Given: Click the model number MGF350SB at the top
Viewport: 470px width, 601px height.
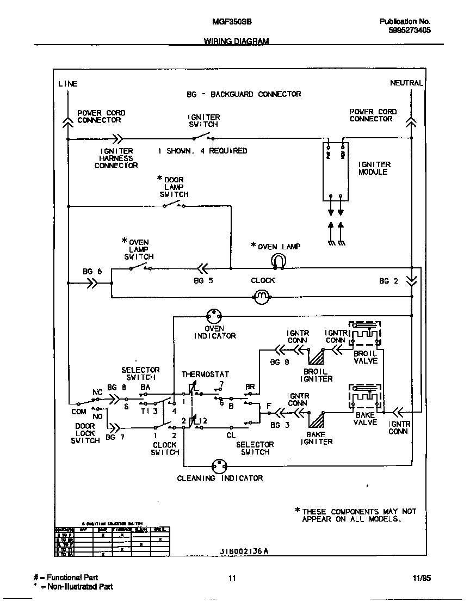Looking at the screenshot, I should (x=231, y=22).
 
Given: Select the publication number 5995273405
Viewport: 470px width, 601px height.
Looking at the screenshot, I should (x=410, y=31).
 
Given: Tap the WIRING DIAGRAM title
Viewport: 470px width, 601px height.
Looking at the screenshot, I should (x=236, y=41).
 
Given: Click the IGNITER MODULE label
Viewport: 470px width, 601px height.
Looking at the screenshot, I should (x=374, y=168).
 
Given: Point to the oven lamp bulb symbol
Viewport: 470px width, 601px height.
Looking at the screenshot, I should (x=277, y=262).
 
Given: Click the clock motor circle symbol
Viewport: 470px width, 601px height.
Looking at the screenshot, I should (x=262, y=296).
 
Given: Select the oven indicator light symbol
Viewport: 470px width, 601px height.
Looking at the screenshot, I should (x=214, y=316).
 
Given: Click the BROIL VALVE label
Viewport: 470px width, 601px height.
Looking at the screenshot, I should (x=365, y=357).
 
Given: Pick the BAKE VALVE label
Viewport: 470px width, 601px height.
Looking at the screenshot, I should (x=365, y=419).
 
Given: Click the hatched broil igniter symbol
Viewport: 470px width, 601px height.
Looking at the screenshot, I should (x=316, y=357).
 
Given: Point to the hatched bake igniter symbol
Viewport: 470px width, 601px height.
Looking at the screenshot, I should (x=316, y=418).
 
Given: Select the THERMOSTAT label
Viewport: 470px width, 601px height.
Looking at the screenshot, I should (x=205, y=375).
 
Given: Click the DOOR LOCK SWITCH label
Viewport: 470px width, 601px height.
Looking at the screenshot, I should (x=85, y=433).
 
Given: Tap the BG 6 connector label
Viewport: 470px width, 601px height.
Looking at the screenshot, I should (x=92, y=271).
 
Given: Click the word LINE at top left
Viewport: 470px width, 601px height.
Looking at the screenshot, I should (x=68, y=84).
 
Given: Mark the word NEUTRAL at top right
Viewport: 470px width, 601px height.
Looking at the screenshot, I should (x=406, y=83).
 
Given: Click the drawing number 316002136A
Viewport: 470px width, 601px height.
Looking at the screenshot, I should (x=244, y=550).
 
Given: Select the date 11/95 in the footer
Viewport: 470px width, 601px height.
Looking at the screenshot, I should (x=422, y=578).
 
